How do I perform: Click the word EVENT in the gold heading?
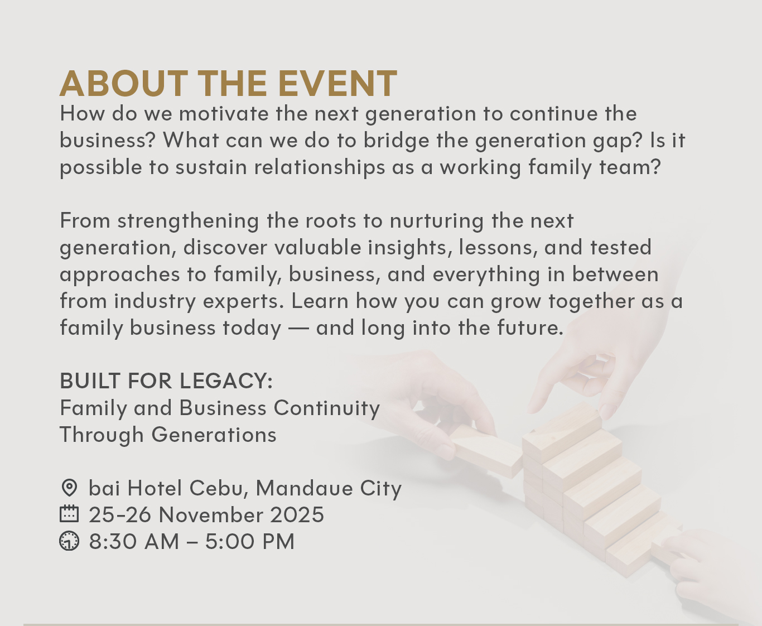point(337,84)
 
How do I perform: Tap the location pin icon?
point(69,488)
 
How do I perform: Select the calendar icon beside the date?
point(69,514)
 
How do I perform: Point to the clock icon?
point(69,541)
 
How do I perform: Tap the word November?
point(211,514)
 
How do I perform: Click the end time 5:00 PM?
point(249,541)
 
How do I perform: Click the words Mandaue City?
point(329,488)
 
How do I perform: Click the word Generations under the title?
point(214,435)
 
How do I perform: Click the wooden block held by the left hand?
point(485,455)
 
